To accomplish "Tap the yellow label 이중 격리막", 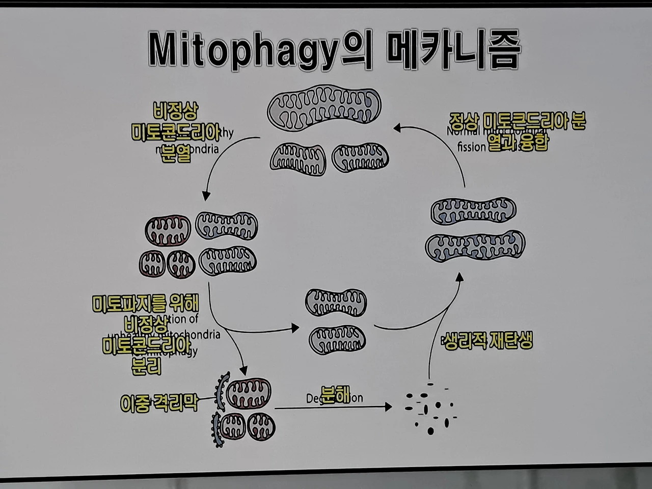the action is pyautogui.click(x=158, y=404).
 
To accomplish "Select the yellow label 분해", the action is pyautogui.click(x=336, y=394).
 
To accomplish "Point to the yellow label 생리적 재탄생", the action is pyautogui.click(x=487, y=340).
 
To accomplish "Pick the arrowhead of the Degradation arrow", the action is pyautogui.click(x=388, y=407).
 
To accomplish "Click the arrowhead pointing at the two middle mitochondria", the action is pyautogui.click(x=295, y=329).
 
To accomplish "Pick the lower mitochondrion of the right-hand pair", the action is pyautogui.click(x=475, y=246).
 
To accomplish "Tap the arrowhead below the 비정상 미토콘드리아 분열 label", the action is pyautogui.click(x=206, y=196).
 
